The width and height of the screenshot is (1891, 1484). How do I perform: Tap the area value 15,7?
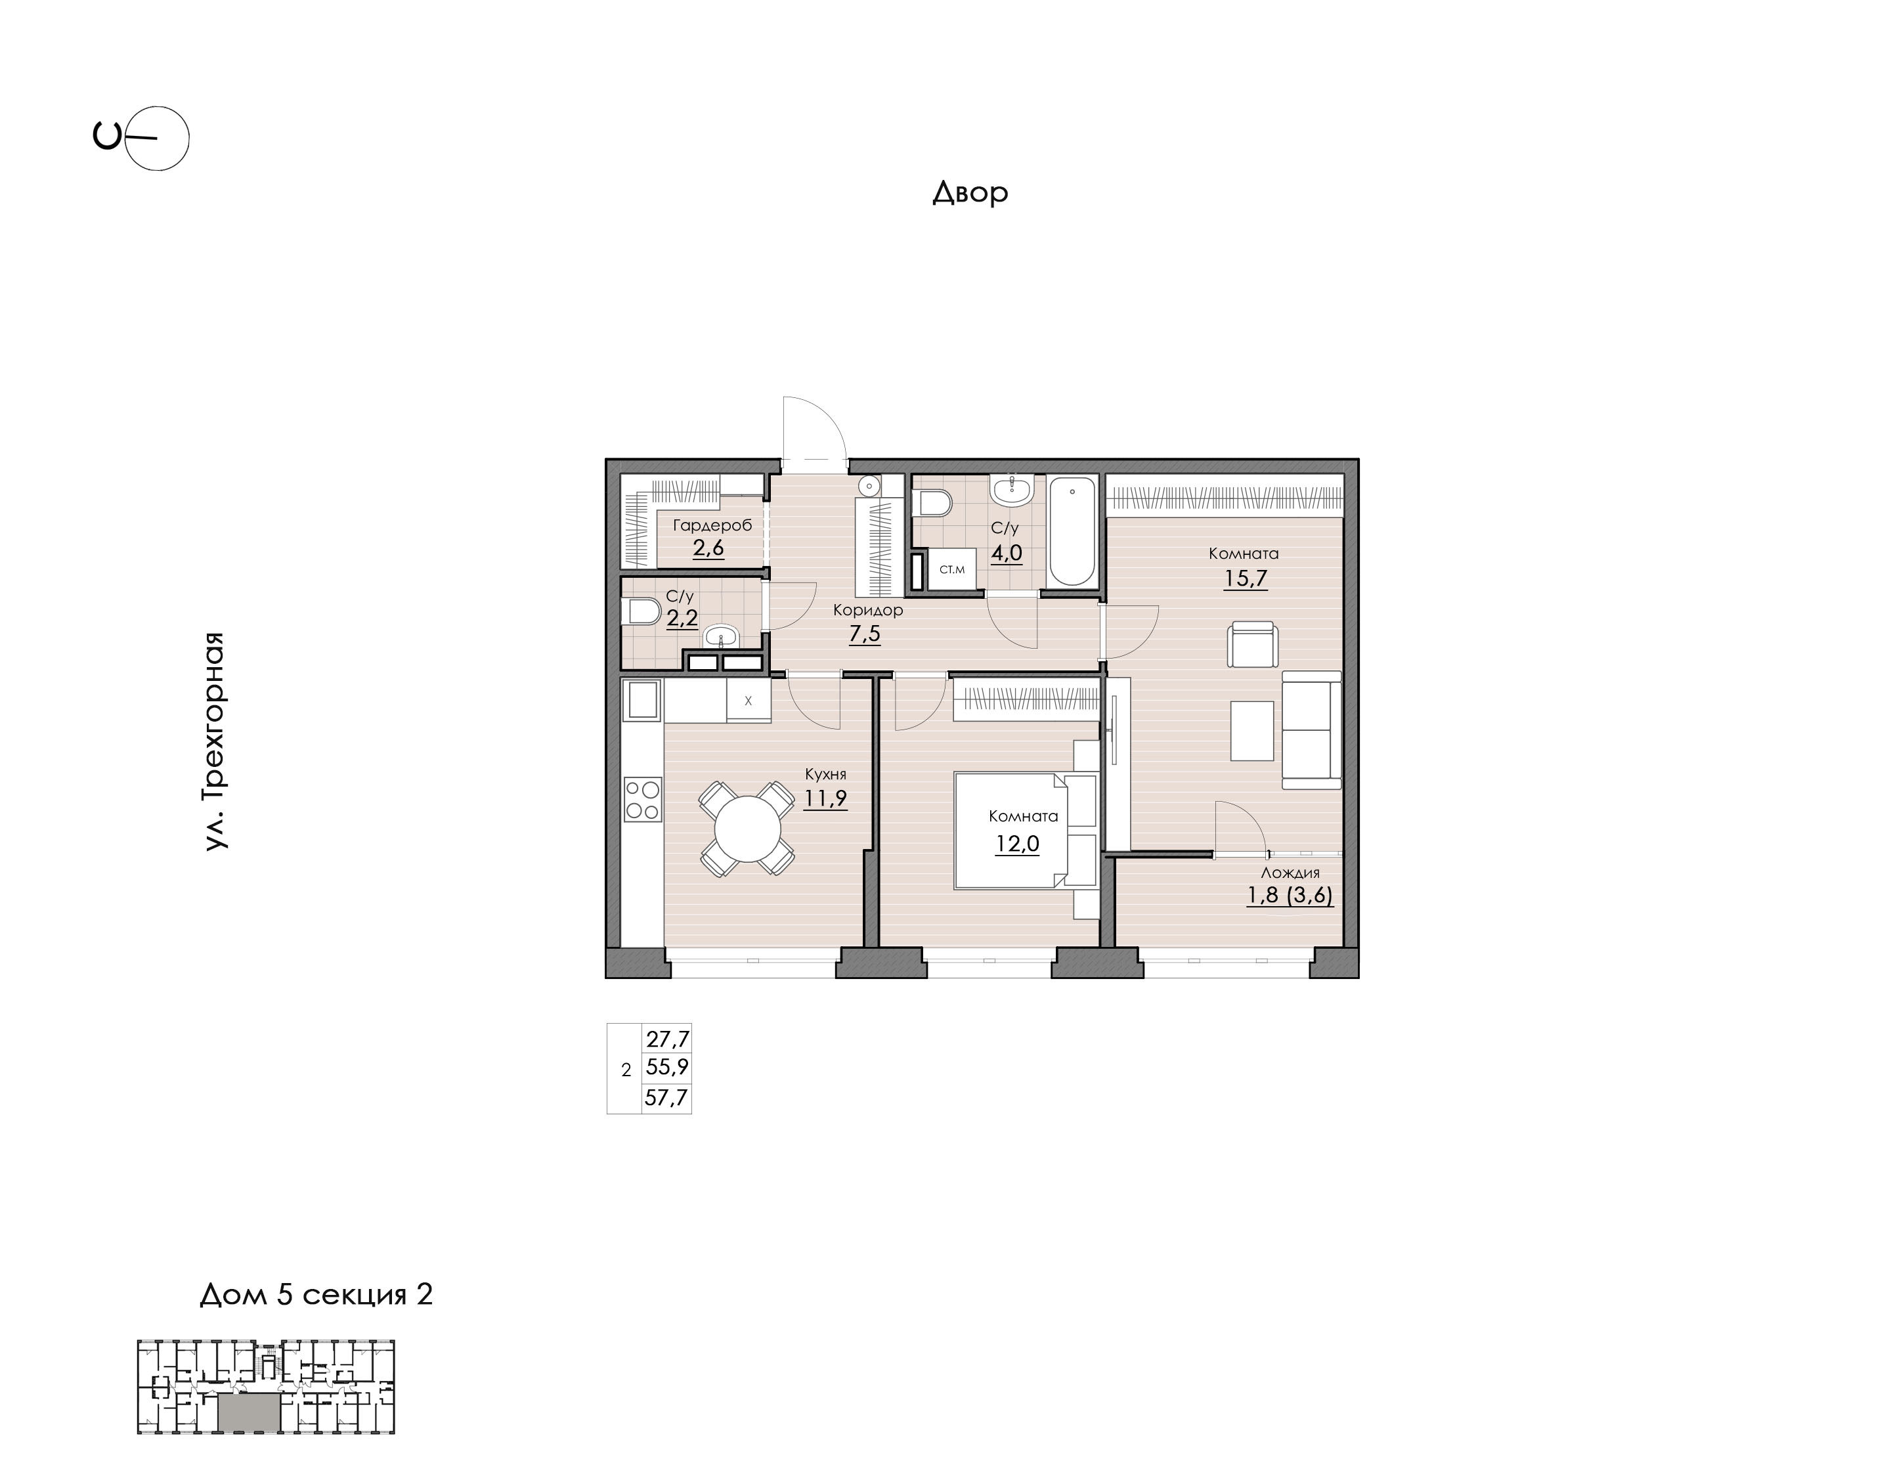(x=1245, y=578)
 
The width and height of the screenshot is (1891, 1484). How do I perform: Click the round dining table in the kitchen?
(x=747, y=828)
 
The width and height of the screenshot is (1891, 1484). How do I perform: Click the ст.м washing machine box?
(x=952, y=570)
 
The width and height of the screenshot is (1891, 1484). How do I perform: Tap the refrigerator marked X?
(x=748, y=700)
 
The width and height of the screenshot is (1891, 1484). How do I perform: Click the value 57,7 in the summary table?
(x=666, y=1097)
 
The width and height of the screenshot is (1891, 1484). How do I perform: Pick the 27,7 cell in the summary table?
(x=667, y=1038)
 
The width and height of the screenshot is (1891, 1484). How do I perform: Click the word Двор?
(x=970, y=192)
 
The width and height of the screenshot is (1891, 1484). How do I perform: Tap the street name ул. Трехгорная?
(x=215, y=741)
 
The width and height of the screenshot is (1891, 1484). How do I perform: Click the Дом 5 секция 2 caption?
(x=316, y=1295)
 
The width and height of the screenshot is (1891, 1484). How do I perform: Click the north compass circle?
(x=157, y=138)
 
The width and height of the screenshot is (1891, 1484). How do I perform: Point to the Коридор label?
(x=868, y=610)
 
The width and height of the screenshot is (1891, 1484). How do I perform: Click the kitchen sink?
(x=643, y=699)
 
